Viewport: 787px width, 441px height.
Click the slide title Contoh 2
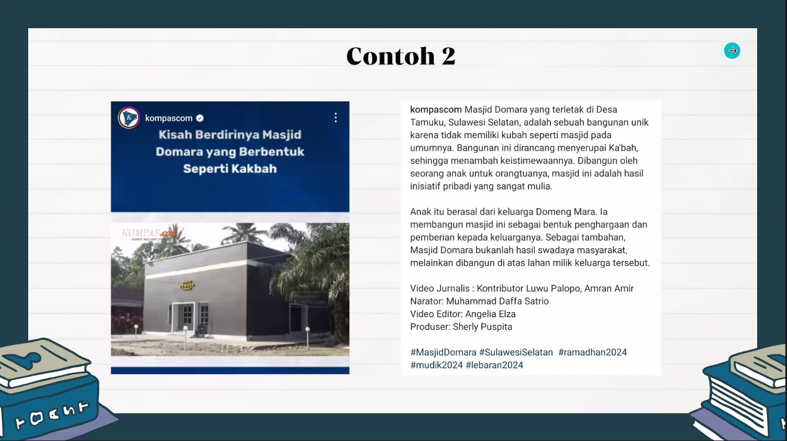coord(401,56)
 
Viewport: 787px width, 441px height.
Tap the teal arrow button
coord(732,51)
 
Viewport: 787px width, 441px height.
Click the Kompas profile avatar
coord(129,118)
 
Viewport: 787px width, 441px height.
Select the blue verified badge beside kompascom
coord(200,118)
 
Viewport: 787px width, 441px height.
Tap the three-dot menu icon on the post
coord(336,118)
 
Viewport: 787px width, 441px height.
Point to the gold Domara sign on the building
coord(187,285)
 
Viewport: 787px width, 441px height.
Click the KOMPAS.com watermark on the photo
coord(150,233)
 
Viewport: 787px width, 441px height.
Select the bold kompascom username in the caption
coord(436,109)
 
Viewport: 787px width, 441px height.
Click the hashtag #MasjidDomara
coord(443,352)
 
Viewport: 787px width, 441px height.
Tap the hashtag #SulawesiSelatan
coord(516,352)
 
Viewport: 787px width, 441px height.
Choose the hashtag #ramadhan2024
coord(592,352)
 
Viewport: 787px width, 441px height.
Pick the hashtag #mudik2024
coord(436,365)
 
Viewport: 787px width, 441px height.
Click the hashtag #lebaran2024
coord(494,365)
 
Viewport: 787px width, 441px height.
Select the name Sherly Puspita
coord(482,327)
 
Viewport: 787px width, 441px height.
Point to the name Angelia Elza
coord(491,314)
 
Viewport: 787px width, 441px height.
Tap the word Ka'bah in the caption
coord(623,148)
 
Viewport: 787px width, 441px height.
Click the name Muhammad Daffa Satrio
coord(498,301)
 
